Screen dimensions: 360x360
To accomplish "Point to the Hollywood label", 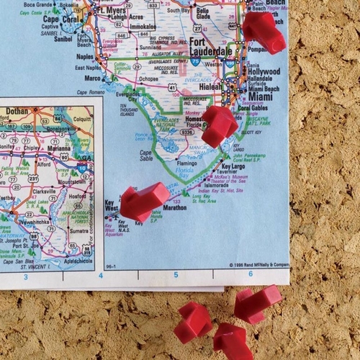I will [264, 72].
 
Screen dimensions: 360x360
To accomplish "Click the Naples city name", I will [85, 56].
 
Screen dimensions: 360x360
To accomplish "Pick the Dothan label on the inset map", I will [16, 112].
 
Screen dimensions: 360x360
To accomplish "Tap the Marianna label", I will [49, 149].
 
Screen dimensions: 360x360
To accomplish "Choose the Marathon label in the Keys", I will [174, 207].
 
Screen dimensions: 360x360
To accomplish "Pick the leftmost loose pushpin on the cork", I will [192, 321].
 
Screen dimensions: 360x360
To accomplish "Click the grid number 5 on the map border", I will [175, 274].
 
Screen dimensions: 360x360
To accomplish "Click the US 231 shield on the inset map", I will [34, 179].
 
